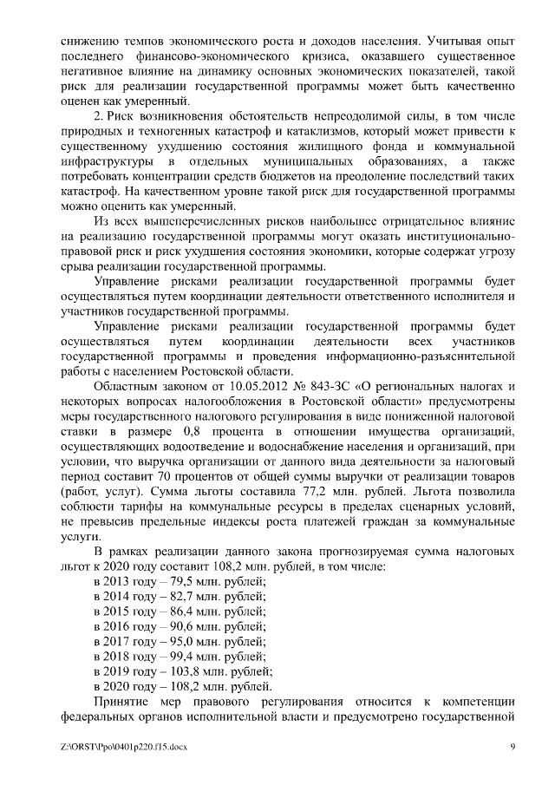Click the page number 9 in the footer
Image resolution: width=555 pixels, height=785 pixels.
513,747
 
